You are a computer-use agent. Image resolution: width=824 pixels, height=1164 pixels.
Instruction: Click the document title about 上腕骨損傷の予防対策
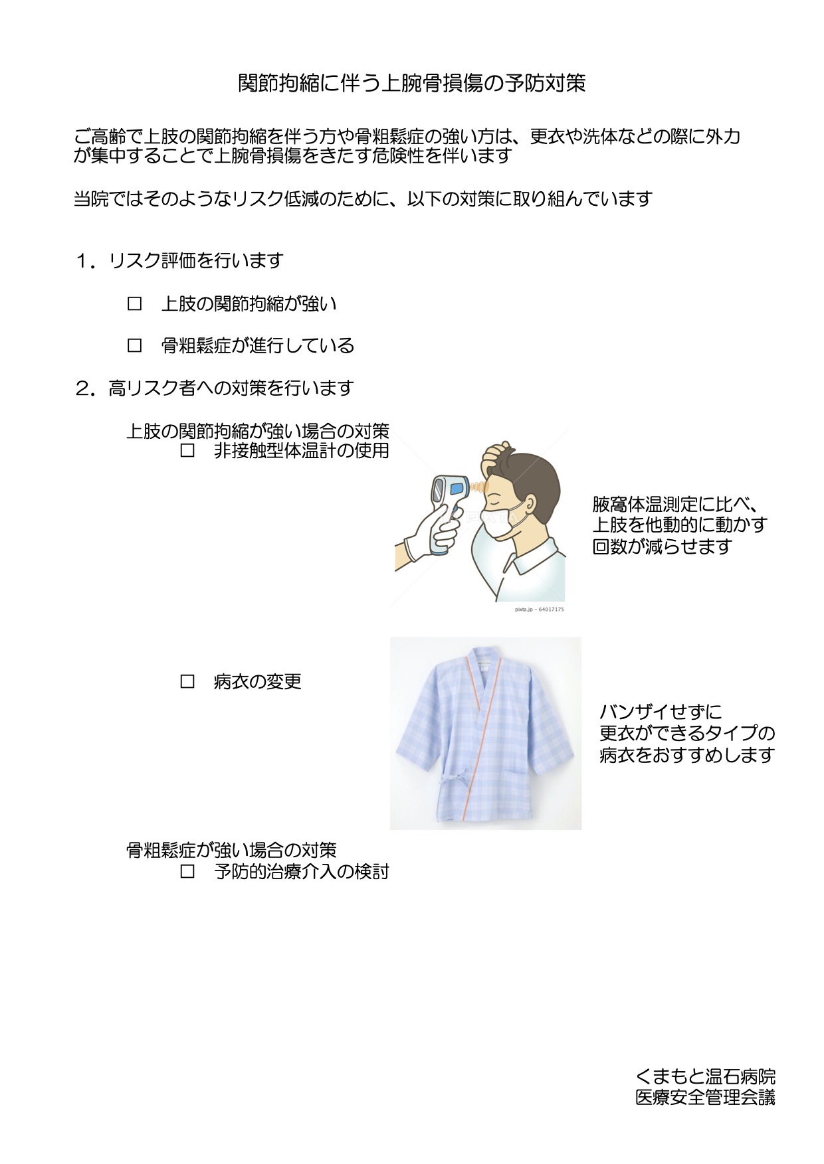pos(412,83)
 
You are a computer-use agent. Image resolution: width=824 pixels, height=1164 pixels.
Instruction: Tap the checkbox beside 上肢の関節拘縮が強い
pos(135,304)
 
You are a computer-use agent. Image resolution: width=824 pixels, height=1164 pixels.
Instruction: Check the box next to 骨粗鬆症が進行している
pos(135,346)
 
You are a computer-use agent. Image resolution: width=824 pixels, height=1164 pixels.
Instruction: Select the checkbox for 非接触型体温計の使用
pos(187,451)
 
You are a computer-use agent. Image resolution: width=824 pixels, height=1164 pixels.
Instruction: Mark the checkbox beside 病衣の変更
pos(187,682)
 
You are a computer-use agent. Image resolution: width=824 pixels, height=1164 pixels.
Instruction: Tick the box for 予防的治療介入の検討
pos(187,872)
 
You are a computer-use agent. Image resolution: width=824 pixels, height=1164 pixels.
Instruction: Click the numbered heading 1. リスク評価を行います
pos(179,261)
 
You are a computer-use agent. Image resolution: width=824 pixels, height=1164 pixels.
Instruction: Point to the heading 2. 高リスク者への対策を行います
pos(214,388)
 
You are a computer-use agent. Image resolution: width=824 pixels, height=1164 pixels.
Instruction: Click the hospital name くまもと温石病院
pos(705,1076)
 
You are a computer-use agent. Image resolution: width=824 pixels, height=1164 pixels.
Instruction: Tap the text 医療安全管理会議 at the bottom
pos(705,1098)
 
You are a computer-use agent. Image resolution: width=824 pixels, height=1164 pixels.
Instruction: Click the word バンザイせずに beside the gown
pos(661,712)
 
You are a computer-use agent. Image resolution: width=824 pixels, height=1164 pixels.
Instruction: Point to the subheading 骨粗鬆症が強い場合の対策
pos(232,851)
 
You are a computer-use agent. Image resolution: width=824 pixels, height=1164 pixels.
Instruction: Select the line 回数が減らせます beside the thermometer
pos(663,546)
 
